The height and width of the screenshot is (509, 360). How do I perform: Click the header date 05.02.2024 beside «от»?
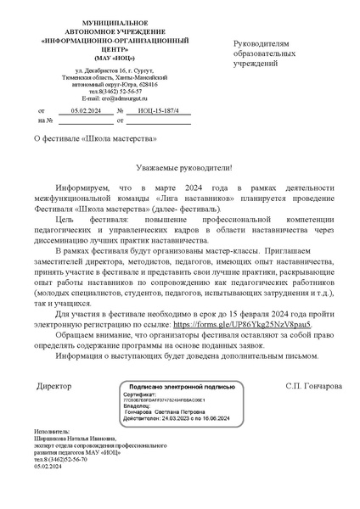point(85,111)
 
